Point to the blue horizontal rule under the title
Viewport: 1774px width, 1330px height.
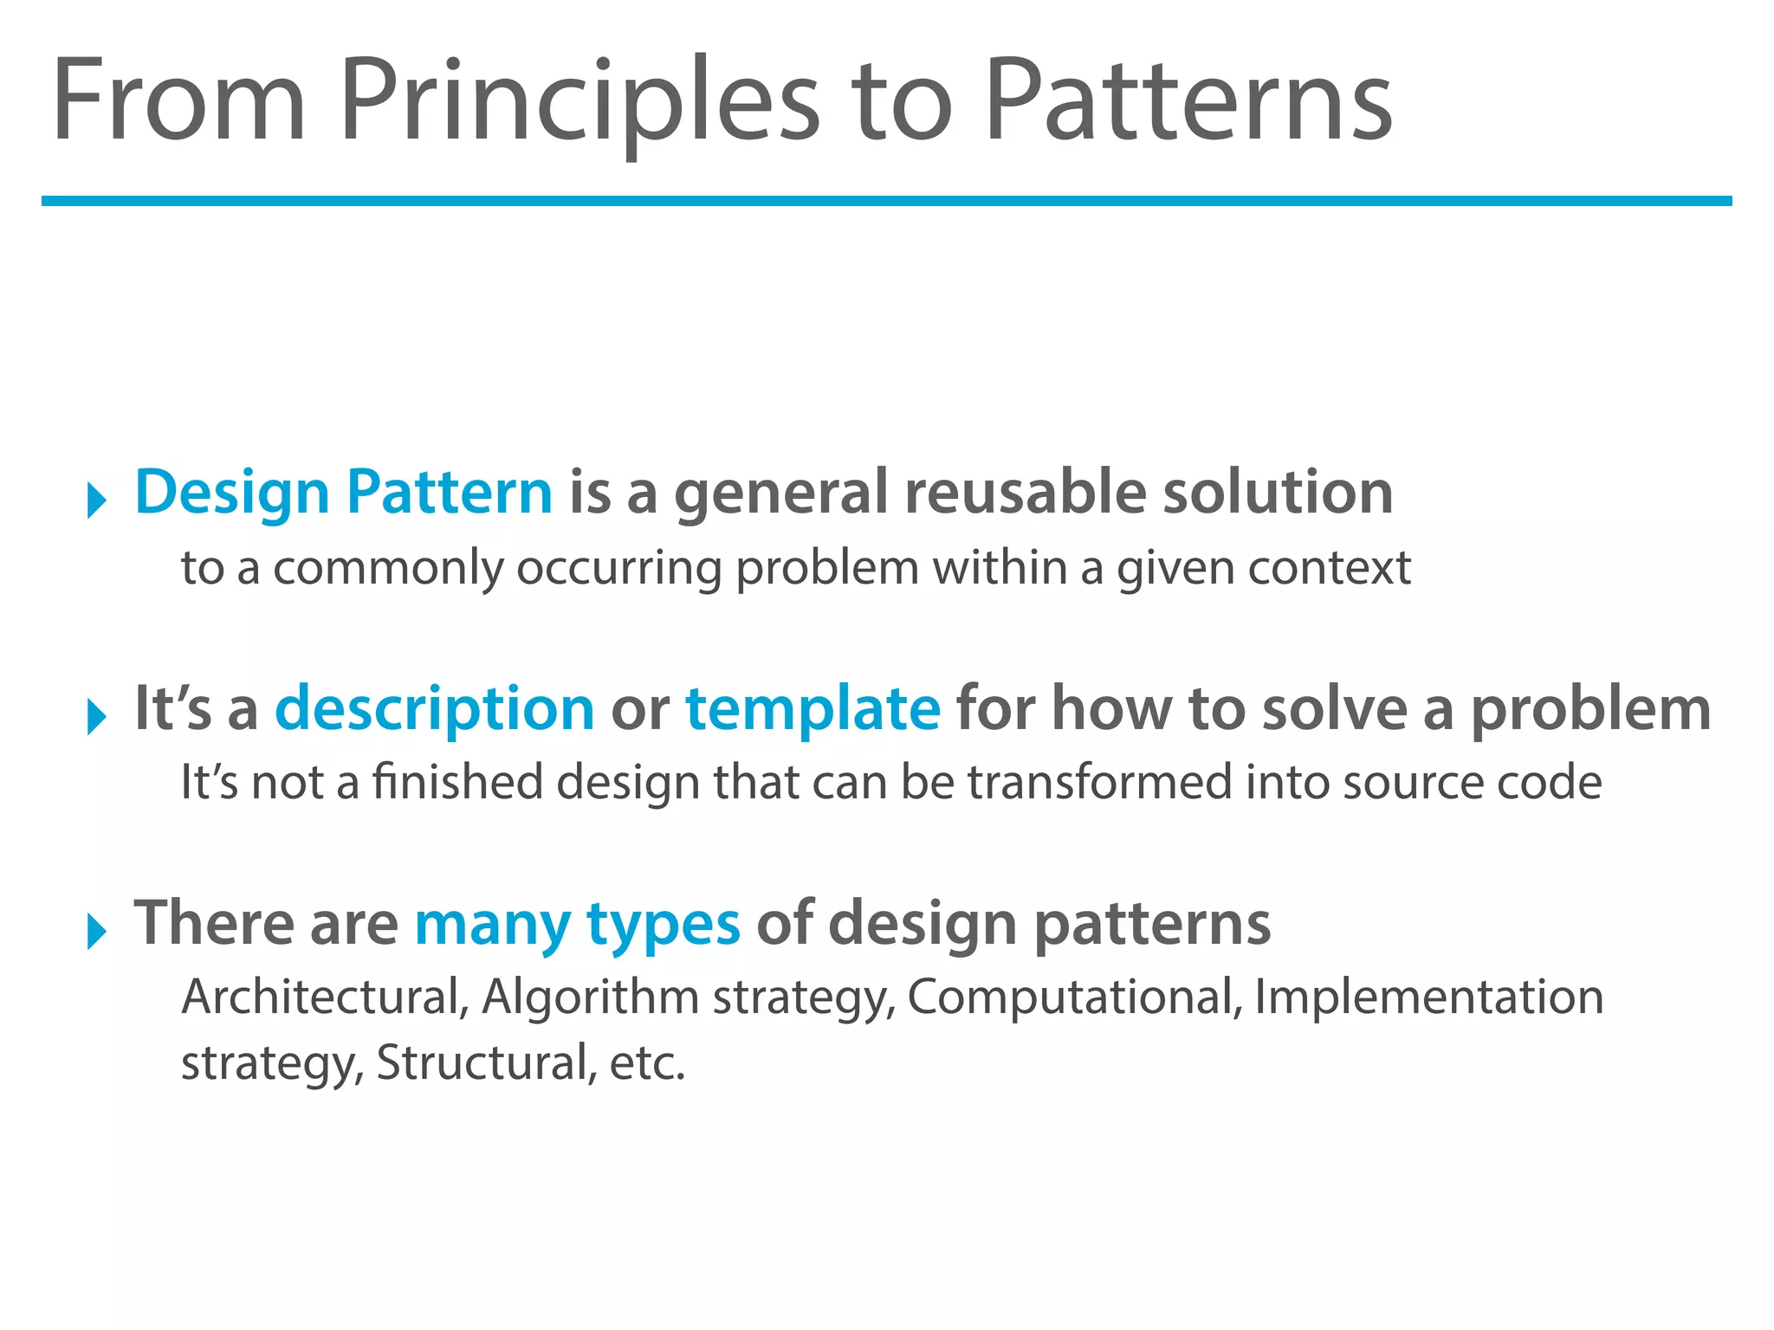[886, 201]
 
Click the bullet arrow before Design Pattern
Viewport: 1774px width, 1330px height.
[96, 500]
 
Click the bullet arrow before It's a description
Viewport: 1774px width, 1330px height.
[96, 717]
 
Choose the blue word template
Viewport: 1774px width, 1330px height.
[813, 708]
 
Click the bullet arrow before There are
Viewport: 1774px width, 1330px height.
[96, 932]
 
